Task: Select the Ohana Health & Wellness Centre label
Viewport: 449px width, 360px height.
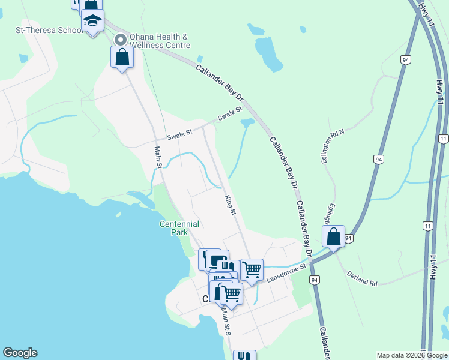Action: [160, 41]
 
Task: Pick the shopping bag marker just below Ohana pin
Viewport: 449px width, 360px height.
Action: [122, 58]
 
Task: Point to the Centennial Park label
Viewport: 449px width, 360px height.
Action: [179, 228]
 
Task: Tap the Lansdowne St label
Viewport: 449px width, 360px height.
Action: [287, 272]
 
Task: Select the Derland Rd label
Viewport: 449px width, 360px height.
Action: [362, 278]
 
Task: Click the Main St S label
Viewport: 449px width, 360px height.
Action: [226, 322]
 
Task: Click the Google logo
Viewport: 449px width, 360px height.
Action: [20, 353]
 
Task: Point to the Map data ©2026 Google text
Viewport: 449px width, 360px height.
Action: [412, 355]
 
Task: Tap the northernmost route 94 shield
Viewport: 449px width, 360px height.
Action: [406, 60]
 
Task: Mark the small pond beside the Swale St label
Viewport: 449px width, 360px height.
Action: [247, 123]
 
